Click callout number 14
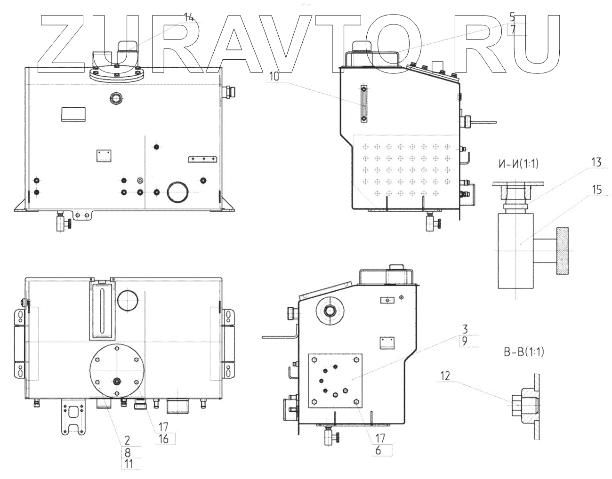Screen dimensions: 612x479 (x=189, y=17)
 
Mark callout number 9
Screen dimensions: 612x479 (x=465, y=342)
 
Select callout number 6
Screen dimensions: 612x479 (x=380, y=449)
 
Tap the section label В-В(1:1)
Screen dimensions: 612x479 (x=523, y=351)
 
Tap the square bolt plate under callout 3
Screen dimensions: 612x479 (x=334, y=380)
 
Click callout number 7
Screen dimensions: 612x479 (x=512, y=29)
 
